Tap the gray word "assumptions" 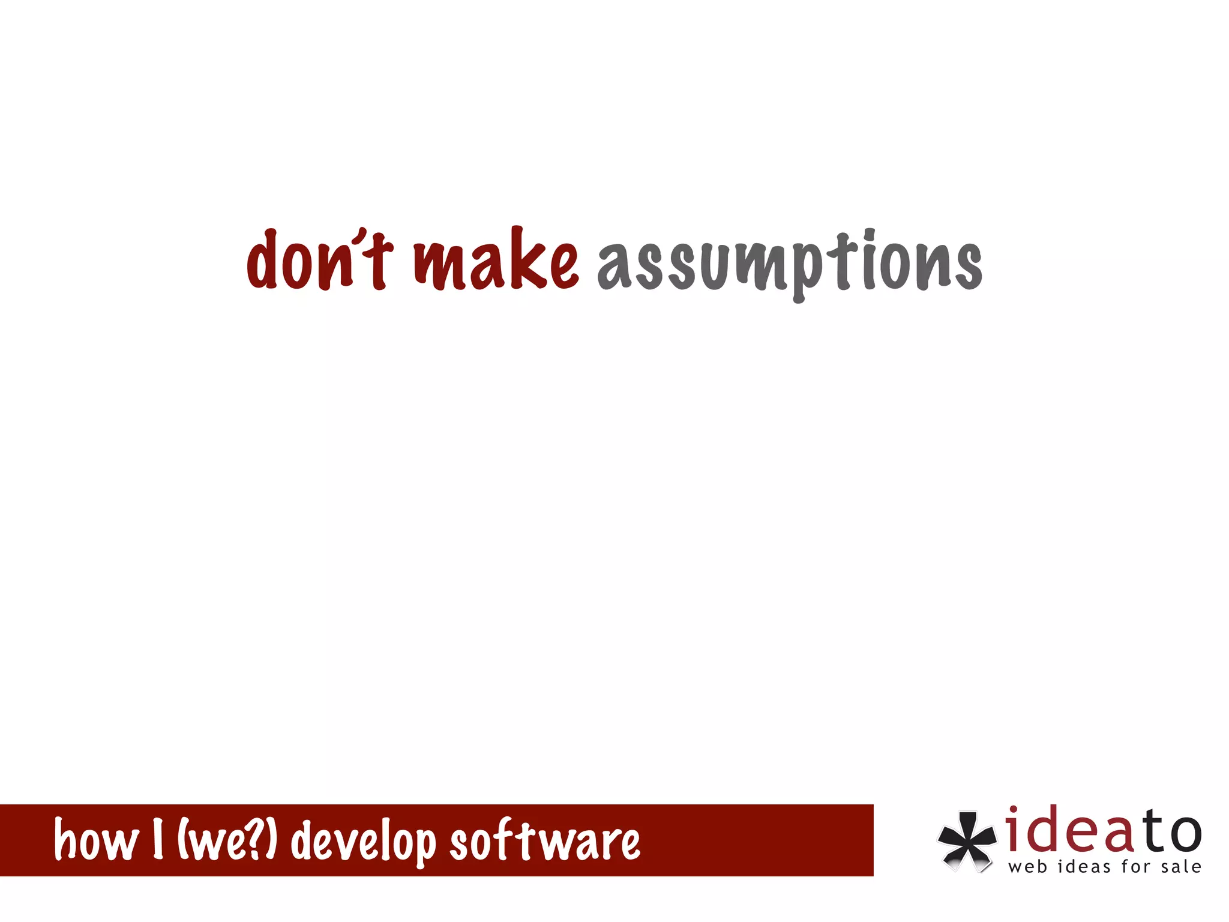point(790,264)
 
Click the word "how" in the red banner point(96,840)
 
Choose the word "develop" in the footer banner point(363,842)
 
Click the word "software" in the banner point(545,840)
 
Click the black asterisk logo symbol point(966,840)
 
